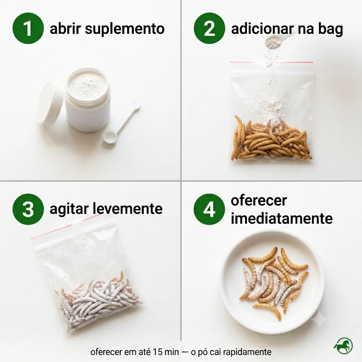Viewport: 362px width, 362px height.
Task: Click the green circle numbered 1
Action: (x=28, y=28)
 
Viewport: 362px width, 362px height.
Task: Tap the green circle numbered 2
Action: (x=209, y=28)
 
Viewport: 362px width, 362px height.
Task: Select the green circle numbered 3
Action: (x=28, y=209)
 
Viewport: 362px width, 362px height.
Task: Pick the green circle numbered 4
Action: (x=209, y=209)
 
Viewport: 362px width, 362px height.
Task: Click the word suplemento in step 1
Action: (x=125, y=29)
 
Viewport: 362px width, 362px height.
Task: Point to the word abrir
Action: (x=65, y=29)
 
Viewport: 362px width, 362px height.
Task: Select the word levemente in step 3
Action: (x=128, y=209)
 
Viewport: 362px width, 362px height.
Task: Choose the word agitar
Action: (x=69, y=209)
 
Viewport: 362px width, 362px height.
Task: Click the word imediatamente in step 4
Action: (x=282, y=218)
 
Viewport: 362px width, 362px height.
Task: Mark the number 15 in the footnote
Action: (x=157, y=352)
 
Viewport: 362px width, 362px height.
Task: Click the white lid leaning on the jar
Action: (x=50, y=103)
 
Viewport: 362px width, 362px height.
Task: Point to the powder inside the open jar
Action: (x=87, y=83)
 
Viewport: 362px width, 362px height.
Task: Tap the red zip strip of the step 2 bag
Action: (x=272, y=62)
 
